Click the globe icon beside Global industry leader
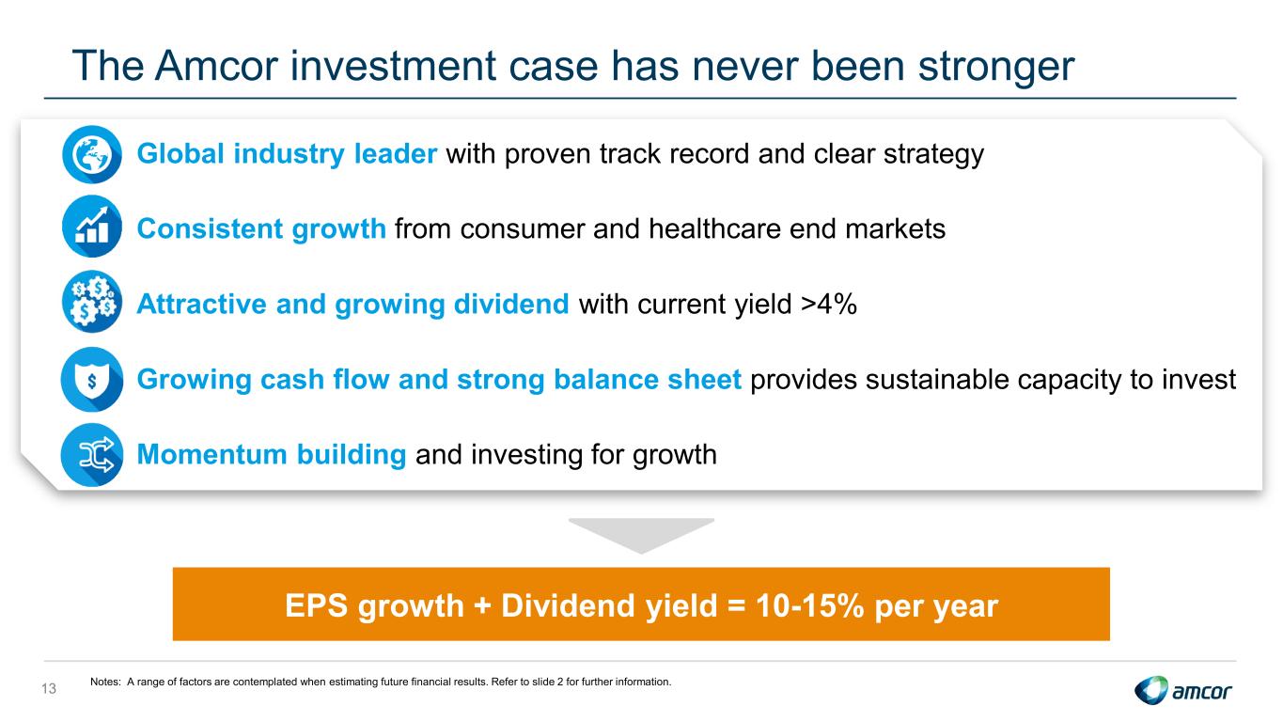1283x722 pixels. point(92,154)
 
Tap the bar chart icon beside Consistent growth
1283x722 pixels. point(92,227)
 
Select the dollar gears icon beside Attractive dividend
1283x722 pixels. point(92,302)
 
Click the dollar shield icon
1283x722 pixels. point(92,379)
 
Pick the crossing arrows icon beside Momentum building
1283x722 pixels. point(92,455)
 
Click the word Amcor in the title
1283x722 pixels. point(216,65)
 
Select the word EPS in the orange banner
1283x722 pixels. point(316,605)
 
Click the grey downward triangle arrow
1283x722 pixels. point(641,536)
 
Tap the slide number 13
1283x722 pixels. point(49,688)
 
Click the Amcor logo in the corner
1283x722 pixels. point(1182,690)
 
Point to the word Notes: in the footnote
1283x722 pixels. point(105,682)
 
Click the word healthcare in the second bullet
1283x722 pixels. point(714,228)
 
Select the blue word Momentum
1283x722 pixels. point(211,454)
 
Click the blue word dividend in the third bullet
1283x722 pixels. point(511,304)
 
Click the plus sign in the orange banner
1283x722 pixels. point(482,606)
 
